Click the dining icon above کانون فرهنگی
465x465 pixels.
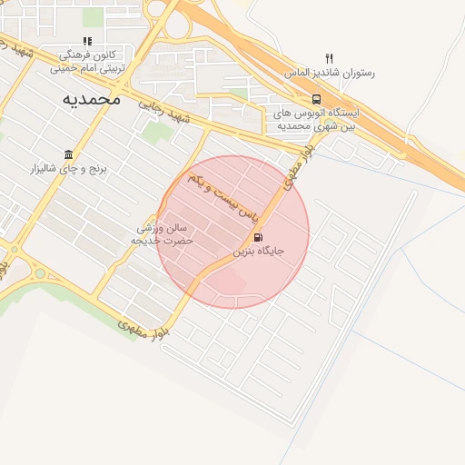point(87,42)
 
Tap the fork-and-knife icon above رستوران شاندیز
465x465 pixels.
point(329,58)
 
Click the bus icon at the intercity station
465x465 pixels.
point(316,99)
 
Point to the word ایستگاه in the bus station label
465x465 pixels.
point(342,114)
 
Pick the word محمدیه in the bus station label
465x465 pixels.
point(293,125)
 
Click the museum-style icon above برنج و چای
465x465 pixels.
point(69,154)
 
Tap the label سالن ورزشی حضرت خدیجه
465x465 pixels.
point(163,234)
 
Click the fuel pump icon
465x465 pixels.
point(246,236)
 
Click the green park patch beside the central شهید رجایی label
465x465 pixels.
point(155,134)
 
